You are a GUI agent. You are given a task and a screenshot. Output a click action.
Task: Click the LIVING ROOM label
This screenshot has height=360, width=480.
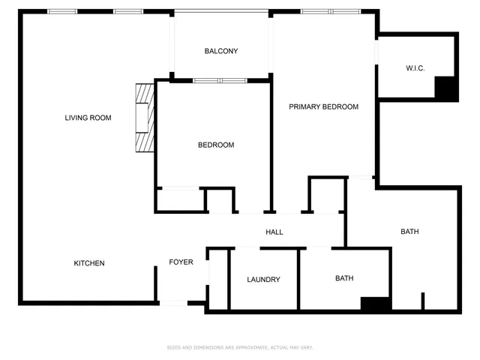[x=88, y=118]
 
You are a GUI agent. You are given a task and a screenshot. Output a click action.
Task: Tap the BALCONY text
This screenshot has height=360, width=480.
[x=221, y=51]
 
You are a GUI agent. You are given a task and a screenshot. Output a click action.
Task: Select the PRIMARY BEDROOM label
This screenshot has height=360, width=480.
[x=323, y=107]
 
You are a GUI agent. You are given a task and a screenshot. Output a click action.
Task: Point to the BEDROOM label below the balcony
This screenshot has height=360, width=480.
[x=216, y=145]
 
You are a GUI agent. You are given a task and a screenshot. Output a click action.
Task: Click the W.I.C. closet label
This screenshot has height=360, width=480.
[x=415, y=68]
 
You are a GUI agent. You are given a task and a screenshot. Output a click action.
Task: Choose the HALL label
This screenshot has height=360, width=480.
[x=274, y=232]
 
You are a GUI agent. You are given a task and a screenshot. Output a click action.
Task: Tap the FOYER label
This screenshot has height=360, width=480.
[x=181, y=262]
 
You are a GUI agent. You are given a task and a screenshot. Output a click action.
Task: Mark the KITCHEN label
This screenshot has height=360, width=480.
[x=88, y=263]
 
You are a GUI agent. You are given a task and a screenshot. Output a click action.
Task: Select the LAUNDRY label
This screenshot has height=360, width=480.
[x=263, y=280]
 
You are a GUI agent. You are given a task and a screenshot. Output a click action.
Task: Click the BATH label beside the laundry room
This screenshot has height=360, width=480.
[x=344, y=278]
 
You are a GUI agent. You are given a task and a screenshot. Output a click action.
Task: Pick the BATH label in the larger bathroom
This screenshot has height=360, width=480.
[x=409, y=232]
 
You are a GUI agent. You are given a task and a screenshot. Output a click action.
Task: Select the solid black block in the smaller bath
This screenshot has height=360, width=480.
[x=375, y=304]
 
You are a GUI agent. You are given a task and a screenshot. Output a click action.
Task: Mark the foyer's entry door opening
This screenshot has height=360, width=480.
[x=173, y=303]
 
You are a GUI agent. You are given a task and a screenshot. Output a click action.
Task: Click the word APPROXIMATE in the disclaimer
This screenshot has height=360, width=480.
[x=244, y=347]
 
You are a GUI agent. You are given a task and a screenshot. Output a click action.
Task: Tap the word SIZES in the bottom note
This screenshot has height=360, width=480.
[x=173, y=347]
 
